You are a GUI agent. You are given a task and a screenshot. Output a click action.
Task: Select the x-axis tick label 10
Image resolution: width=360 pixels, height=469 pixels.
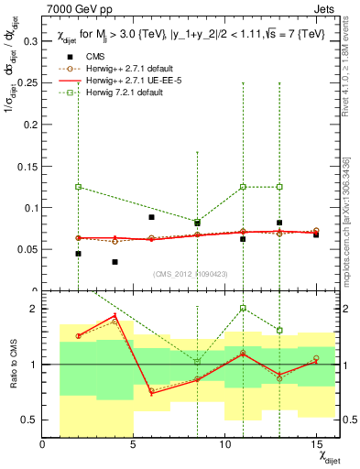(224, 445)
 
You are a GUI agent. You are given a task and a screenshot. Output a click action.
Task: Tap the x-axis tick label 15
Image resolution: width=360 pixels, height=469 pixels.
(316, 445)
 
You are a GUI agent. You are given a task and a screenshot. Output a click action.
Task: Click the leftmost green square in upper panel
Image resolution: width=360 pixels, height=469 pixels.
(79, 187)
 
